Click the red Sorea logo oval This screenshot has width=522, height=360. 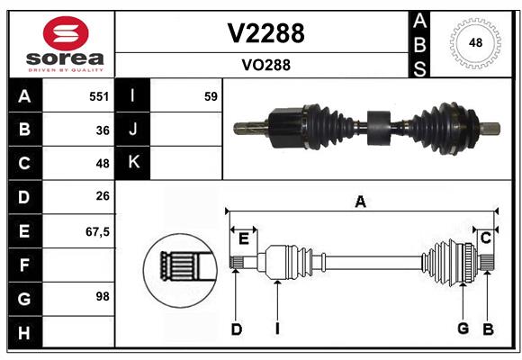click(66, 33)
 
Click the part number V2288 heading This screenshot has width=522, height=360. click(265, 33)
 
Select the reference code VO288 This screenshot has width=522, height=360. click(266, 65)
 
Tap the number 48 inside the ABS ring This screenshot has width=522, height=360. click(475, 42)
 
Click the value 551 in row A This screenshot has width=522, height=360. click(99, 96)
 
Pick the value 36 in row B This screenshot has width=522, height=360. click(103, 130)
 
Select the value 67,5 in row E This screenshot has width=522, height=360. click(97, 232)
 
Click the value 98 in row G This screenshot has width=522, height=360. click(103, 296)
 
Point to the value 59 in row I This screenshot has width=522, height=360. click(211, 96)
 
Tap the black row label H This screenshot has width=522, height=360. click(25, 332)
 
